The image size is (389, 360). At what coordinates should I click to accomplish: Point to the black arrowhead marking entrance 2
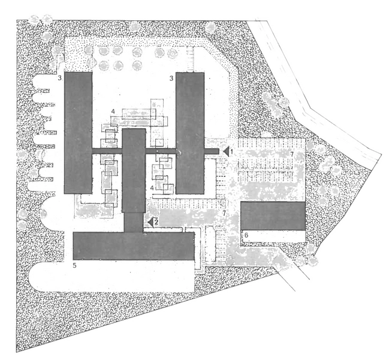tap(150, 221)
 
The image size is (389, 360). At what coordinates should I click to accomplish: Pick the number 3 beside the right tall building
tap(172, 78)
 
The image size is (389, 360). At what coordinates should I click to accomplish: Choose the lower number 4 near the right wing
tap(152, 188)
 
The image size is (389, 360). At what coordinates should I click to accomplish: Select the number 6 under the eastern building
tap(246, 233)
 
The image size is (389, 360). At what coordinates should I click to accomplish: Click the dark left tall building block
tap(78, 132)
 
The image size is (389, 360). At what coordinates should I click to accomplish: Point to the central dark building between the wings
tap(134, 174)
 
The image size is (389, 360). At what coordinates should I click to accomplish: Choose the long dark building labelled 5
tap(133, 246)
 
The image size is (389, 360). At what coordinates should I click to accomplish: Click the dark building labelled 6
tap(273, 215)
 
